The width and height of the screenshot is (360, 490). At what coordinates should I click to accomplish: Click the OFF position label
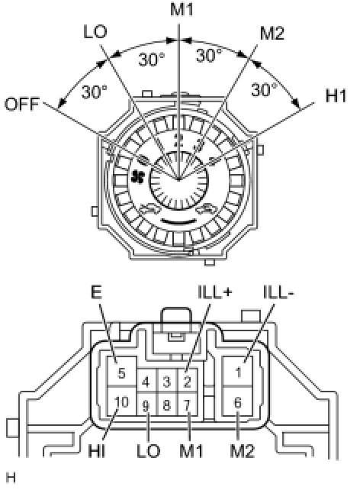click(22, 104)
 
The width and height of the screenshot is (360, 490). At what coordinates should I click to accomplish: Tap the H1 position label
click(336, 95)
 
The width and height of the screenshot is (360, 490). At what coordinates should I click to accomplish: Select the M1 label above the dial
click(182, 9)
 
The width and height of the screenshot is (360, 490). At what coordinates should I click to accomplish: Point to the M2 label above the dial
click(272, 33)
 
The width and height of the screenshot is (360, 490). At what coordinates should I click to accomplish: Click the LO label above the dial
click(95, 31)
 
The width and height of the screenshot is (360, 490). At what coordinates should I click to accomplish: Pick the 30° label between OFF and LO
click(95, 92)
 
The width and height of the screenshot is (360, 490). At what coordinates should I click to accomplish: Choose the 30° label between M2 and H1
click(264, 90)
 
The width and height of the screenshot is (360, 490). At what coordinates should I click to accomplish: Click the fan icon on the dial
click(138, 176)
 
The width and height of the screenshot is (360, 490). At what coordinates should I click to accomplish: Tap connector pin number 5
click(121, 373)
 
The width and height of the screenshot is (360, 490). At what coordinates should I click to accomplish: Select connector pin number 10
click(121, 402)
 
